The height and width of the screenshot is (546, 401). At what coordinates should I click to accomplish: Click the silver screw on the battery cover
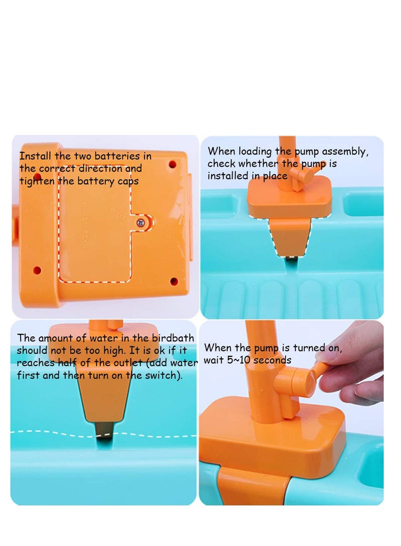coord(142,221)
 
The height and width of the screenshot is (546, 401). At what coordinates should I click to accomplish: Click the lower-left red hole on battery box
coord(37,270)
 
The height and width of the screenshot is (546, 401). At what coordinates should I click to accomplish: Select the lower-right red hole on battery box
coord(173,281)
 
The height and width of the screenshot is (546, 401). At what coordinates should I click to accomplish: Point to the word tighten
coord(38,181)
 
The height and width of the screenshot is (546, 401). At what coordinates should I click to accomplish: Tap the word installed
coord(228,176)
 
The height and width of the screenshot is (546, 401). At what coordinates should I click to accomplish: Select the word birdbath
coord(172,338)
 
